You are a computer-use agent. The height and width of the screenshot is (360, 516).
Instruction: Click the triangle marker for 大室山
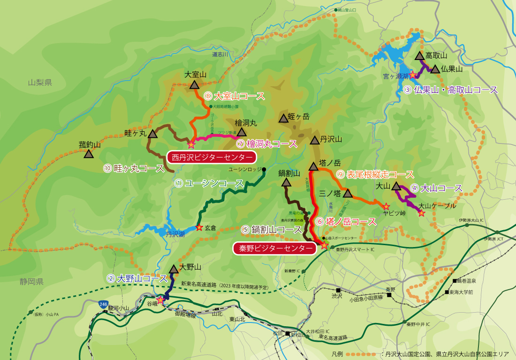click(x=194, y=85)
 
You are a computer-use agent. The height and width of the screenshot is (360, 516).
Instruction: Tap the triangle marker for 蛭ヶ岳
click(x=283, y=118)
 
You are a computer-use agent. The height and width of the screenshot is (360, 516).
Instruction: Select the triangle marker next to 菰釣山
click(x=88, y=154)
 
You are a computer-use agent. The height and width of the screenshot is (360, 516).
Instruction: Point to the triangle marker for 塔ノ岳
click(x=313, y=166)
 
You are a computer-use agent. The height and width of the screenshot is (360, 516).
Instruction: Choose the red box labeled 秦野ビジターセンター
click(x=274, y=248)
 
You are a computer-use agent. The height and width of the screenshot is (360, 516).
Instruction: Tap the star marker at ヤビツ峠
click(x=386, y=206)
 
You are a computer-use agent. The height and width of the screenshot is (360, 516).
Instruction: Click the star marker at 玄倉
click(x=199, y=227)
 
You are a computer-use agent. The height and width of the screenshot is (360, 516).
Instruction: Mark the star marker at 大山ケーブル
click(x=421, y=213)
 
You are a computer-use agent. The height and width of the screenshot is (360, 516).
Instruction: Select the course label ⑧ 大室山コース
click(x=234, y=96)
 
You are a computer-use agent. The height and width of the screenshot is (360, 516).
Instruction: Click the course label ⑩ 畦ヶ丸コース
click(x=133, y=168)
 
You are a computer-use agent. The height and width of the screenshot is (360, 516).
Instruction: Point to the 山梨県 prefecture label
click(x=40, y=82)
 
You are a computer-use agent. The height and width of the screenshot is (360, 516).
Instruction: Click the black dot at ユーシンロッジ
click(x=265, y=169)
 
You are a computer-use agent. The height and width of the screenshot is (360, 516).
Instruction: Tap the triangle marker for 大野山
click(x=174, y=269)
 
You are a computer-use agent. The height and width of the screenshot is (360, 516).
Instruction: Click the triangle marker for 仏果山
click(x=435, y=69)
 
